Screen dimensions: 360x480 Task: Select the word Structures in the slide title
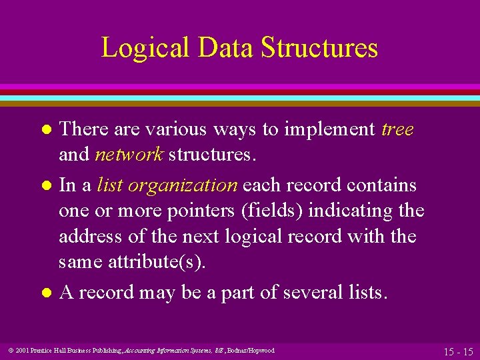tap(319, 49)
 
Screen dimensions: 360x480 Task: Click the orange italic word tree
tap(397, 129)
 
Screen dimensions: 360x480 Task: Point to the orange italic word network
tap(129, 155)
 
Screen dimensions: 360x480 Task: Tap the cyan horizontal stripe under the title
tap(240, 97)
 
